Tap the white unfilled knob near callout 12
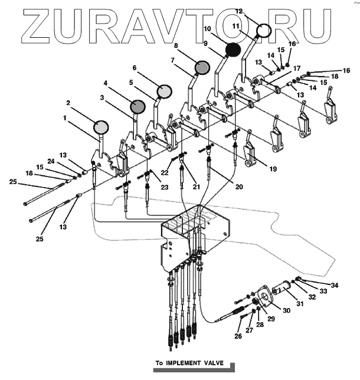(263, 30)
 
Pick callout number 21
(195, 187)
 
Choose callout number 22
(165, 172)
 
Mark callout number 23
(164, 187)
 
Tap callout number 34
(335, 286)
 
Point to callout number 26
(238, 337)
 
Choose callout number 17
(297, 68)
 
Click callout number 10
(208, 28)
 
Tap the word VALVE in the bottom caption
(211, 363)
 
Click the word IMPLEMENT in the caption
(181, 363)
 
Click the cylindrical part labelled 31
(282, 290)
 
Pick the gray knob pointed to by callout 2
(102, 127)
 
